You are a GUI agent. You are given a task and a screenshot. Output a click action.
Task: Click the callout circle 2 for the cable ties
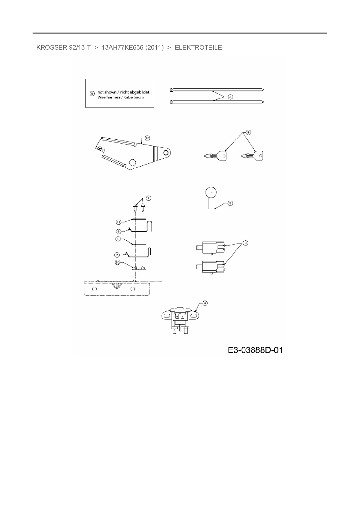pyautogui.click(x=230, y=97)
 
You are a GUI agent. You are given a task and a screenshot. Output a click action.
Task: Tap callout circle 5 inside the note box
pyautogui.click(x=92, y=93)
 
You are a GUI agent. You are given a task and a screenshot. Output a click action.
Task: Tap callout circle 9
pyautogui.click(x=230, y=203)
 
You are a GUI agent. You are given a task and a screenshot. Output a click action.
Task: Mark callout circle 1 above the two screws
pyautogui.click(x=148, y=198)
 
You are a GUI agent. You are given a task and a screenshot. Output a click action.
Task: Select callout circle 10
pyautogui.click(x=117, y=262)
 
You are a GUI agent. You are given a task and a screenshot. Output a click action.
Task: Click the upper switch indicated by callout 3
pyautogui.click(x=210, y=247)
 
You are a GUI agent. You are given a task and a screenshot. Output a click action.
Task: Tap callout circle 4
pyautogui.click(x=205, y=303)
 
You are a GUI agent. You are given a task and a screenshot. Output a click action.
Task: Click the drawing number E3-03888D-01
pyautogui.click(x=255, y=350)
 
